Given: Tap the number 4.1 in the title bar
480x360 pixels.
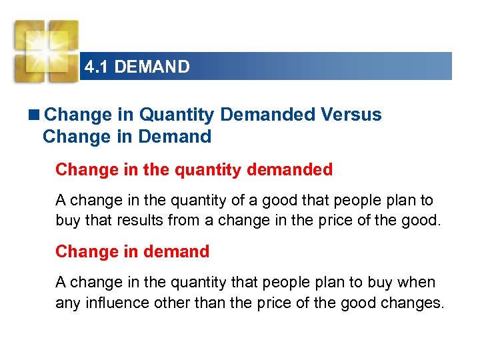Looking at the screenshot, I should tap(97, 67).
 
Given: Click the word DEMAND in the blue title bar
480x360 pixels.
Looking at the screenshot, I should tap(152, 67).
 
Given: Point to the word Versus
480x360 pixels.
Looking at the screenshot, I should tap(351, 115).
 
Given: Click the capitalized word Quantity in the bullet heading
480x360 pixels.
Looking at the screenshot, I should tap(177, 115).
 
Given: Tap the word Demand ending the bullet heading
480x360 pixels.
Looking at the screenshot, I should tap(177, 137).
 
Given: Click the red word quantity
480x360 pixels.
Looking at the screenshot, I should tap(208, 170).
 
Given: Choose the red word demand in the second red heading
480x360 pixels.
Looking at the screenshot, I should tap(176, 251).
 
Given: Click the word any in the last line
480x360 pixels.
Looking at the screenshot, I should tap(67, 303).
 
